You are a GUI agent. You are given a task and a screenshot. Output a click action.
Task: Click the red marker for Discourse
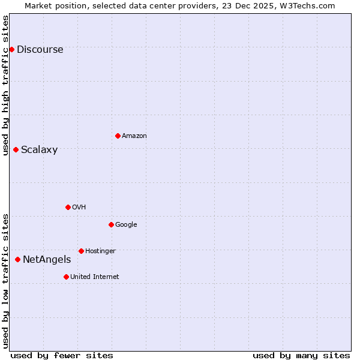pyautogui.click(x=11, y=49)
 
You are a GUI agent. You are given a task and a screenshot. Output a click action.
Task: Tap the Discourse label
pyautogui.click(x=40, y=50)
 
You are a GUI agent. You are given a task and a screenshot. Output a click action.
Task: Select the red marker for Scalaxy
pyautogui.click(x=16, y=149)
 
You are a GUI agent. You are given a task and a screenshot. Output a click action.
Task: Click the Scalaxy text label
pyautogui.click(x=39, y=150)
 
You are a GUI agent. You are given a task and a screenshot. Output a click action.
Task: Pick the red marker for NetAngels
pyautogui.click(x=17, y=259)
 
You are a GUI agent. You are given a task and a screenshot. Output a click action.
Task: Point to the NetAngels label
pyautogui.click(x=46, y=260)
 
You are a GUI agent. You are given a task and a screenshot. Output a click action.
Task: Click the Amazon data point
pyautogui.click(x=118, y=136)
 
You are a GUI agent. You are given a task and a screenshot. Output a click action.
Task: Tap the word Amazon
pyautogui.click(x=134, y=136)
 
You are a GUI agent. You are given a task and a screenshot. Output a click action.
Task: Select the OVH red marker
pyautogui.click(x=68, y=207)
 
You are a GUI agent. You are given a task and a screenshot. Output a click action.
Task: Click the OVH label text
pyautogui.click(x=79, y=208)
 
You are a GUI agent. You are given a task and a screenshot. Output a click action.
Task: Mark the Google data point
pyautogui.click(x=111, y=224)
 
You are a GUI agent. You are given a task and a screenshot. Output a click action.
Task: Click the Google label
pyautogui.click(x=126, y=225)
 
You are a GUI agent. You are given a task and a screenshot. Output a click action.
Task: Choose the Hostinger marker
pyautogui.click(x=81, y=251)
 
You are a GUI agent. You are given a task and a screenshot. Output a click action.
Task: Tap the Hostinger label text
pyautogui.click(x=100, y=251)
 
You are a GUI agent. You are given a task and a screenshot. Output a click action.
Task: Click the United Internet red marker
pyautogui.click(x=66, y=277)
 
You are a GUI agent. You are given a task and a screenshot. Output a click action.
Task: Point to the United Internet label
pyautogui.click(x=94, y=277)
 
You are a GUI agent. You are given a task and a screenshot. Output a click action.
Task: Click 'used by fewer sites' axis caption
pyautogui.click(x=62, y=355)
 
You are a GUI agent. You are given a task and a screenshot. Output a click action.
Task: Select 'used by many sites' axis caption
pyautogui.click(x=301, y=355)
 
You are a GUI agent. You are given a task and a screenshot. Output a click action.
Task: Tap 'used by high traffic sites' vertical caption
pyautogui.click(x=5, y=85)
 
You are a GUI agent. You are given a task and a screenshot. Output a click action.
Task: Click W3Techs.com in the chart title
pyautogui.click(x=308, y=5)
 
